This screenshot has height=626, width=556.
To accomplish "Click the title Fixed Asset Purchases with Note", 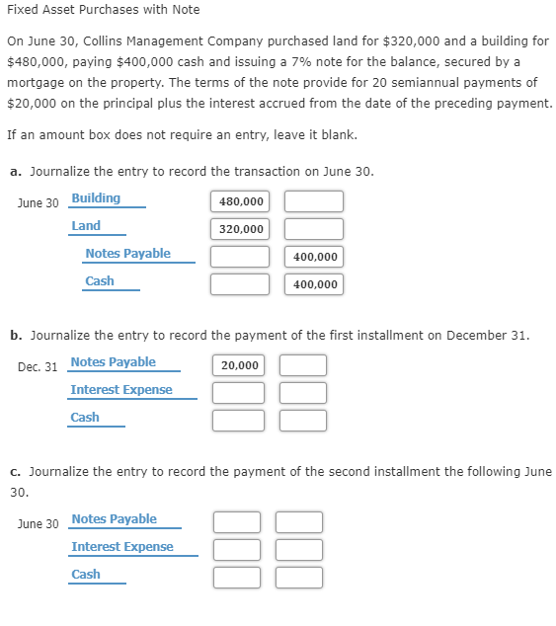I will coord(103,10).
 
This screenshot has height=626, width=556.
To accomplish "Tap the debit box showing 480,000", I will coord(240,201).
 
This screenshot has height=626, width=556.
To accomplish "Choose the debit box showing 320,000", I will coord(240,229).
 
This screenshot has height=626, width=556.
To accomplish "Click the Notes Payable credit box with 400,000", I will coord(314,257).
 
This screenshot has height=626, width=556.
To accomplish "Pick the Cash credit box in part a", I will coord(314,284).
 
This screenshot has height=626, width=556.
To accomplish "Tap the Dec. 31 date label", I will coord(38,367).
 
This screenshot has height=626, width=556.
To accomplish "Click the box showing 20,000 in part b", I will coord(239,365).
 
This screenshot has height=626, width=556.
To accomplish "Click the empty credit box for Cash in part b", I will coord(302,421).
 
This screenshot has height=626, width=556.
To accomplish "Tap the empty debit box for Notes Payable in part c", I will coord(237,522).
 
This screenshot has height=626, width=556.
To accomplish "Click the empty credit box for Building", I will coord(314,201).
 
